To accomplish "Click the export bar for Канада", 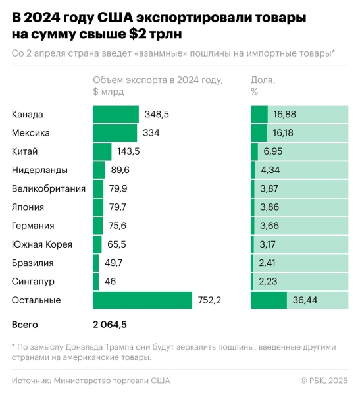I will pyautogui.click(x=116, y=115).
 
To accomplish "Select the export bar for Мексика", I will pyautogui.click(x=115, y=133).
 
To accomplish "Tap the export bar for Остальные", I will pyautogui.click(x=142, y=300).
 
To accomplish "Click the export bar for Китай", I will pyautogui.click(x=102, y=151).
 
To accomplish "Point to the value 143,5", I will pyautogui.click(x=128, y=151).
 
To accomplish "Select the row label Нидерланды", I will pyautogui.click(x=39, y=170).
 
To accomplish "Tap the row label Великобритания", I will pyautogui.click(x=49, y=189).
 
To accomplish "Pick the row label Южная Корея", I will pyautogui.click(x=42, y=244).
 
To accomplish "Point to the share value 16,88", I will pyautogui.click(x=284, y=115).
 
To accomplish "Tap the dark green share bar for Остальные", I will pyautogui.click(x=269, y=300).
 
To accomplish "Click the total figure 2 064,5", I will pyautogui.click(x=110, y=325).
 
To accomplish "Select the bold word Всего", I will pyautogui.click(x=25, y=325).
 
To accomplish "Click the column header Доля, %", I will pyautogui.click(x=263, y=86).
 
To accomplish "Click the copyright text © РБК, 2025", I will pyautogui.click(x=324, y=380).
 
